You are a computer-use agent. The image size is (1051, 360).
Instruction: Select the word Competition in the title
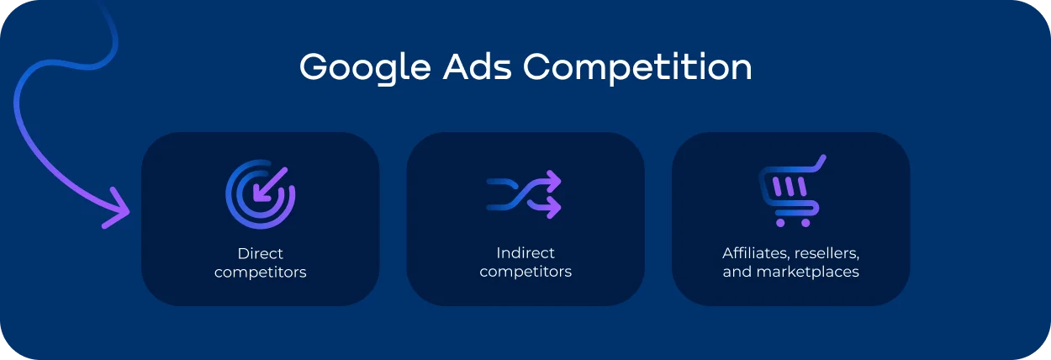pyautogui.click(x=637, y=68)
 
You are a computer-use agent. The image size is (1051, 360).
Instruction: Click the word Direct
pyautogui.click(x=260, y=253)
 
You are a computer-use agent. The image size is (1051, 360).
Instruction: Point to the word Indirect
pyautogui.click(x=525, y=253)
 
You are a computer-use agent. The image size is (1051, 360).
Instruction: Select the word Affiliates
pyautogui.click(x=753, y=253)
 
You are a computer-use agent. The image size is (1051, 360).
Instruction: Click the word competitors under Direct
pyautogui.click(x=260, y=273)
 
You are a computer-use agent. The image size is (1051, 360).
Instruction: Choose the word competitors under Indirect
pyautogui.click(x=525, y=273)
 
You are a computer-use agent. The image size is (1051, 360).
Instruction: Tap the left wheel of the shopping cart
pyautogui.click(x=781, y=223)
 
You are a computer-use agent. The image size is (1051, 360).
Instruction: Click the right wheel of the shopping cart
pyautogui.click(x=805, y=223)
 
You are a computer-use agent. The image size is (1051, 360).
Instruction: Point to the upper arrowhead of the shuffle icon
pyautogui.click(x=554, y=180)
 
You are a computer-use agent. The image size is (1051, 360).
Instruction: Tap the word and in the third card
pyautogui.click(x=737, y=273)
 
